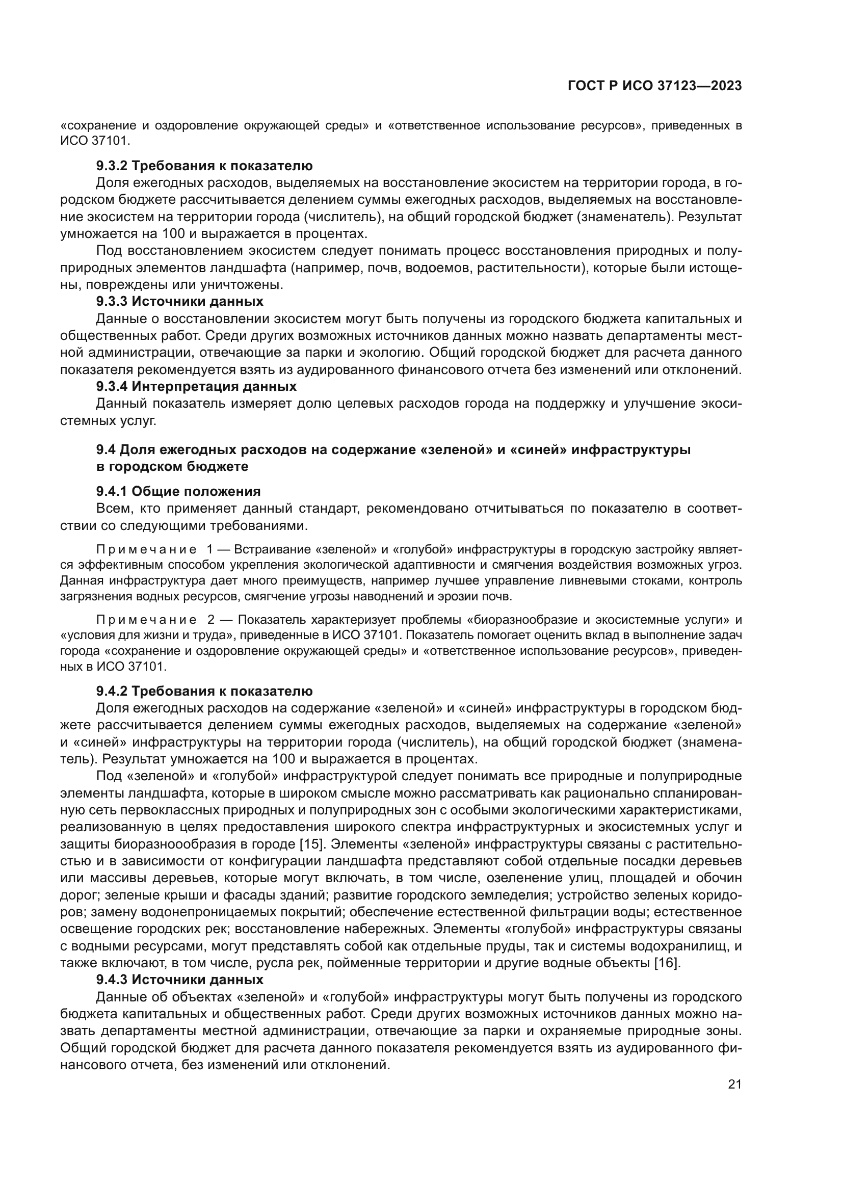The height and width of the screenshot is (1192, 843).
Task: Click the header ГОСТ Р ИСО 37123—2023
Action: pyautogui.click(x=654, y=86)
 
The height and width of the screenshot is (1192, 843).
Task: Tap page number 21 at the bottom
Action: pyautogui.click(x=734, y=1084)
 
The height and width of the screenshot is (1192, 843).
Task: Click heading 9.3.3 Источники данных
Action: pyautogui.click(x=179, y=301)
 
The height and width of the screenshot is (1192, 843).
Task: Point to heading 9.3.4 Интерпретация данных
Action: pyautogui.click(x=196, y=386)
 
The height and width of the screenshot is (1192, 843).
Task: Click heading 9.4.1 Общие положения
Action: pyautogui.click(x=178, y=491)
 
